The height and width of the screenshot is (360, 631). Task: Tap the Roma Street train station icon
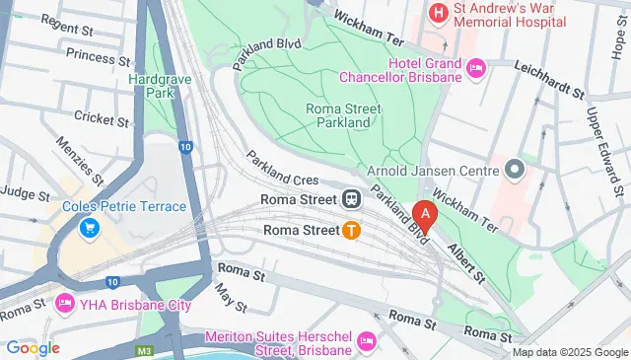click(x=350, y=198)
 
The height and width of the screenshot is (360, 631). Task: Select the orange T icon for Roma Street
click(x=350, y=231)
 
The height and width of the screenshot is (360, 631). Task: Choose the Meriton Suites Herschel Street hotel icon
click(x=367, y=340)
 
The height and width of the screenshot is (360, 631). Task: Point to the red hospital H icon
click(x=438, y=12)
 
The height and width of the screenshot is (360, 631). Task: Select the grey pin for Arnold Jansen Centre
click(x=513, y=170)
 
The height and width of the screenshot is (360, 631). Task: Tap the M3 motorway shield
click(x=145, y=349)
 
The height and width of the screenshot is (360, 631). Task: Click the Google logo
click(x=33, y=347)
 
